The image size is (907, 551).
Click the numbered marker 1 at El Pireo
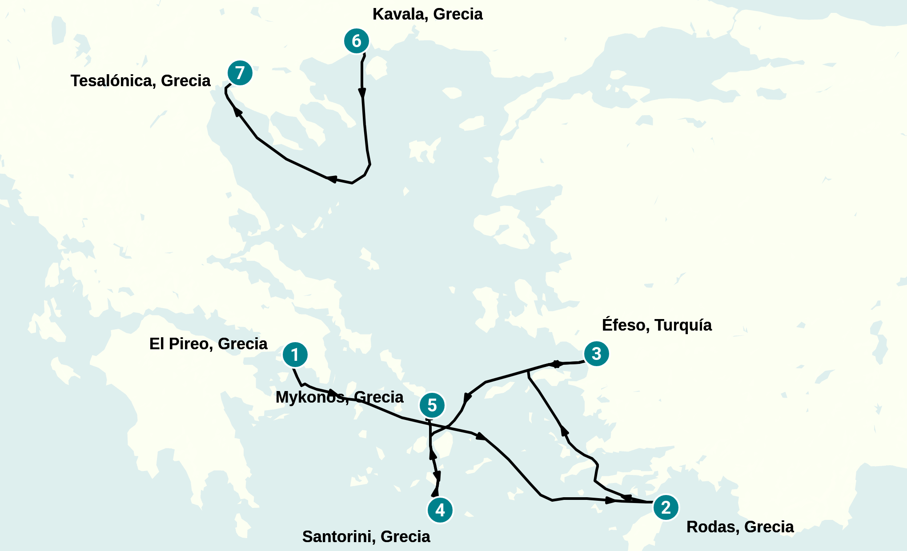295,355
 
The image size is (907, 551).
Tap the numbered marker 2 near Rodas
666,507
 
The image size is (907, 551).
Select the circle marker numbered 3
596,354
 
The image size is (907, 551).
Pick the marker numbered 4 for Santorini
440,510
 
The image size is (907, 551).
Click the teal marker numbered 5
432,405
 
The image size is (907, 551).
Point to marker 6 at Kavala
357,41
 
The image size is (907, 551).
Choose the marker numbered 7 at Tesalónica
240,72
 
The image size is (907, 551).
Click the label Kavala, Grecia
427,14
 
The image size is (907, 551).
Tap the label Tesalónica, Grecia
140,81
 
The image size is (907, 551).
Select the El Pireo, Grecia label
208,344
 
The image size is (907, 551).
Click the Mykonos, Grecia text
339,397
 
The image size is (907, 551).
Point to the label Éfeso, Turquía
656,325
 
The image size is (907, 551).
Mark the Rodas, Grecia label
740,527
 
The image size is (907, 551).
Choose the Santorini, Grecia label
366,537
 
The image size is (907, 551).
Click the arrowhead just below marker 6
362,93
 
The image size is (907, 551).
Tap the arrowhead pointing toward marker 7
237,111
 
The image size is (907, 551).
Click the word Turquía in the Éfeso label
683,325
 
